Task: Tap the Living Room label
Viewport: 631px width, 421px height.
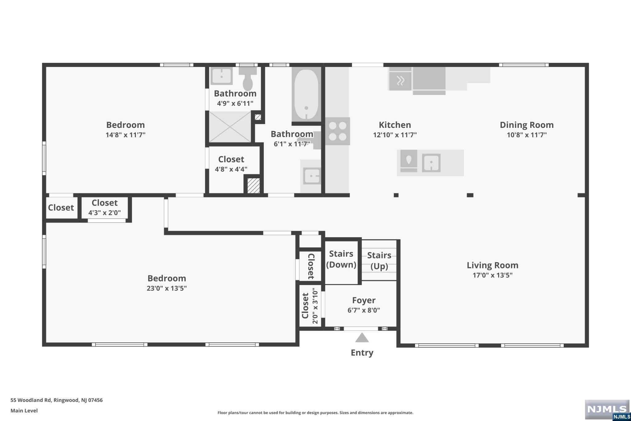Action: point(492,265)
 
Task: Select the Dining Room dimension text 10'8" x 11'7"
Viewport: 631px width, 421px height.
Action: point(527,135)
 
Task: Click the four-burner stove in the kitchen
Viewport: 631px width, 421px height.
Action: point(338,131)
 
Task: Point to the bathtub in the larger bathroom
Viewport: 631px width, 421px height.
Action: point(306,95)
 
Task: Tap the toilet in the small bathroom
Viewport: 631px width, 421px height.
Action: point(248,79)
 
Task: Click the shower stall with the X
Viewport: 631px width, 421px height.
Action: point(230,127)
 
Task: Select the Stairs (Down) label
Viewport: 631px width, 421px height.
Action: point(341,259)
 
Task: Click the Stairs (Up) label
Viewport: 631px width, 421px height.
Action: point(379,261)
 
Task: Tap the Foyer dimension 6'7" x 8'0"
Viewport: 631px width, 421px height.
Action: point(364,310)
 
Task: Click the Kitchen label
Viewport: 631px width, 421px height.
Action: point(395,125)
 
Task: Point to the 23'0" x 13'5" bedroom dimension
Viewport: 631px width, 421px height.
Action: point(167,288)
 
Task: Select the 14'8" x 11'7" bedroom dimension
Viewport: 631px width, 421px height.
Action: point(125,135)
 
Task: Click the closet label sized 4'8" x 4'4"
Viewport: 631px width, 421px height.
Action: point(231,159)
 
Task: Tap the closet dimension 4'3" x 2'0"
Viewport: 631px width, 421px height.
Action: point(104,213)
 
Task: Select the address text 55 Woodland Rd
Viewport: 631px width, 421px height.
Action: point(31,400)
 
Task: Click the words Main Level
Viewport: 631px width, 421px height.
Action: point(24,411)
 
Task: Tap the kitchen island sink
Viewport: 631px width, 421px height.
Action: point(431,163)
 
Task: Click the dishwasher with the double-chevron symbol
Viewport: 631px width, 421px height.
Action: point(400,81)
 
